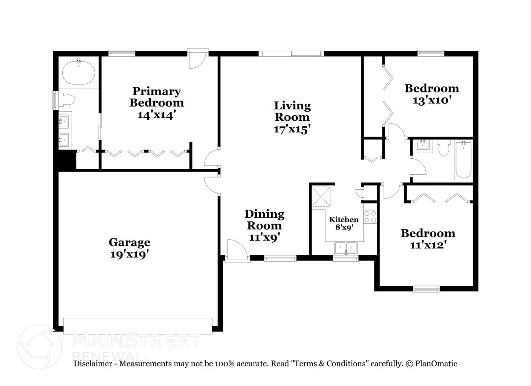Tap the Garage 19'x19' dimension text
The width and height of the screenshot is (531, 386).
(129, 255)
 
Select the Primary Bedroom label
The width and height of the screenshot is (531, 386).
(157, 96)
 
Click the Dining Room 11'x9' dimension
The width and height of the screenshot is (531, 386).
(264, 237)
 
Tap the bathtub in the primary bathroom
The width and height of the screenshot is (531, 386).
(78, 73)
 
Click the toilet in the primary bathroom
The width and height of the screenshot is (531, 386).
(67, 100)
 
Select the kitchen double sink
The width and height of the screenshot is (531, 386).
(346, 248)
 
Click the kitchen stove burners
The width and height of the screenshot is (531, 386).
(370, 216)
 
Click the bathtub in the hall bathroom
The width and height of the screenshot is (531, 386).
(463, 160)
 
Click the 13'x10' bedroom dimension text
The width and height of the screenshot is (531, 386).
(432, 100)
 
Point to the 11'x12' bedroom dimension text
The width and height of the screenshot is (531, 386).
(428, 245)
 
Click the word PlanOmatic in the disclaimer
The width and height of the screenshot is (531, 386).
(436, 364)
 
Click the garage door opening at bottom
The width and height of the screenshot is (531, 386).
(138, 325)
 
